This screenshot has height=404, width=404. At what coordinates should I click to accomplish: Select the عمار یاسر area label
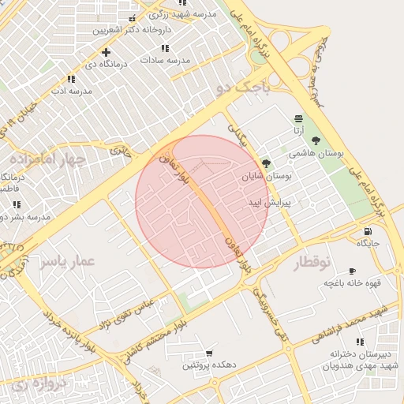68,260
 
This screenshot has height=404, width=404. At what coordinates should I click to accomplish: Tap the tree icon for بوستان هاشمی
316,140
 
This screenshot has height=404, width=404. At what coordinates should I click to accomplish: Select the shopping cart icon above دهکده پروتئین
208,353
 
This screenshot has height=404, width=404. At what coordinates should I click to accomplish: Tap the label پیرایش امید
269,203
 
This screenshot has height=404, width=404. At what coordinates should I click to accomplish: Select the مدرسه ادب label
72,91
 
